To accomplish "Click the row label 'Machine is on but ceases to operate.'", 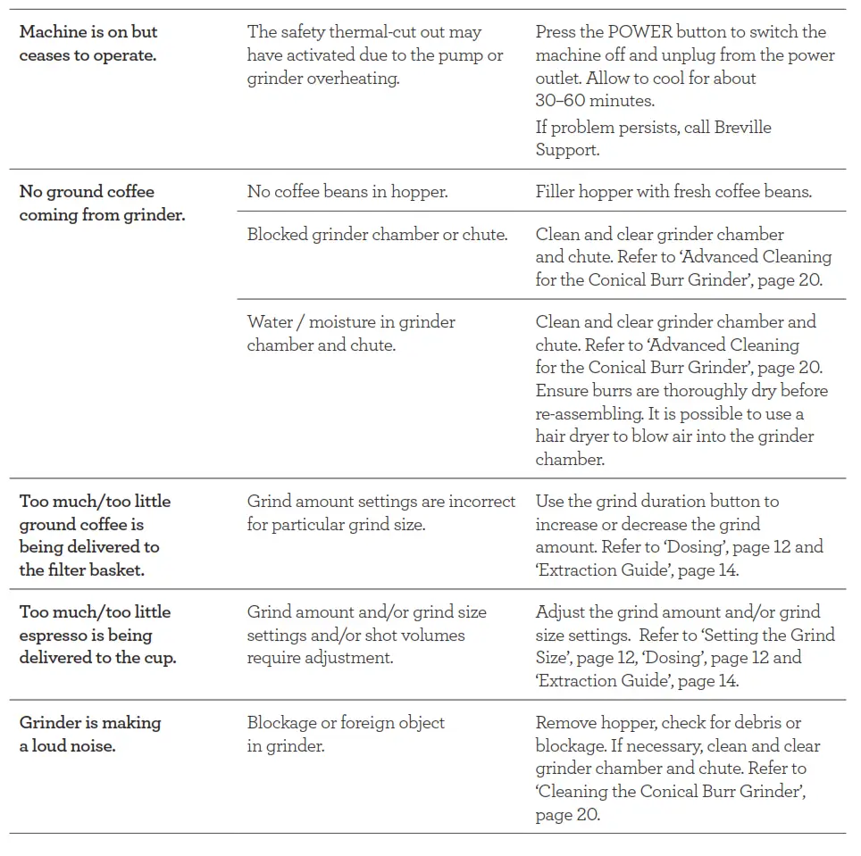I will [x=88, y=44].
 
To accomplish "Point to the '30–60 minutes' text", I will [x=595, y=101].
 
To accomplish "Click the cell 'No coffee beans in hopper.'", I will [x=347, y=192].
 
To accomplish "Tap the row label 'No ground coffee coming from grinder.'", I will [x=102, y=204].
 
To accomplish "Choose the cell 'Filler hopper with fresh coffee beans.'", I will [x=673, y=192].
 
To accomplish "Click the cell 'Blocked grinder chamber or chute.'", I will [x=377, y=235].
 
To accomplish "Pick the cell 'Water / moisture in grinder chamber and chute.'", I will [x=351, y=334].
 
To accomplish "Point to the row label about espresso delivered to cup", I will [x=97, y=636].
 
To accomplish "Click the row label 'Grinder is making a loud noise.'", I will [x=90, y=735].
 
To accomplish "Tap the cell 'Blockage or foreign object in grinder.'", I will [x=346, y=735].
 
